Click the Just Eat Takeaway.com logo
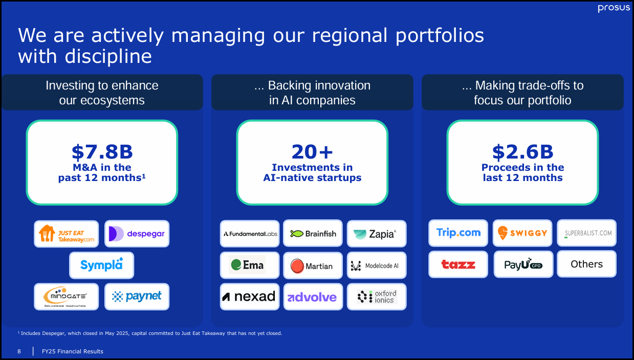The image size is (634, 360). (67, 234)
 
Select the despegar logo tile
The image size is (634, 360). (137, 234)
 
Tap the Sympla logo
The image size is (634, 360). (101, 265)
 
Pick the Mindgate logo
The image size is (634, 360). (67, 297)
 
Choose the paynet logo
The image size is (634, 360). (137, 297)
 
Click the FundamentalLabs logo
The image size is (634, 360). (250, 234)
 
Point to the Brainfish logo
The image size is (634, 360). (313, 234)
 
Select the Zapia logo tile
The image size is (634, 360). (376, 234)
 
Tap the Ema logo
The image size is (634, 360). (250, 265)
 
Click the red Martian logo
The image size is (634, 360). (313, 265)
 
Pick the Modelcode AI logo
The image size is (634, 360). (376, 265)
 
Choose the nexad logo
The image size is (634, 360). (250, 297)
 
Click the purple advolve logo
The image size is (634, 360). (313, 297)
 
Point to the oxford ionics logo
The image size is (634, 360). (376, 297)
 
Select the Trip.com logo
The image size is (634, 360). (458, 233)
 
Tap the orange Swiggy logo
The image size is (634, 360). (522, 233)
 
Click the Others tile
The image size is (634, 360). (586, 264)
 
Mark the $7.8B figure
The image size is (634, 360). (102, 151)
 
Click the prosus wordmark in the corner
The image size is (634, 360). (614, 8)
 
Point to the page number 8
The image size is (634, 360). (19, 351)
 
